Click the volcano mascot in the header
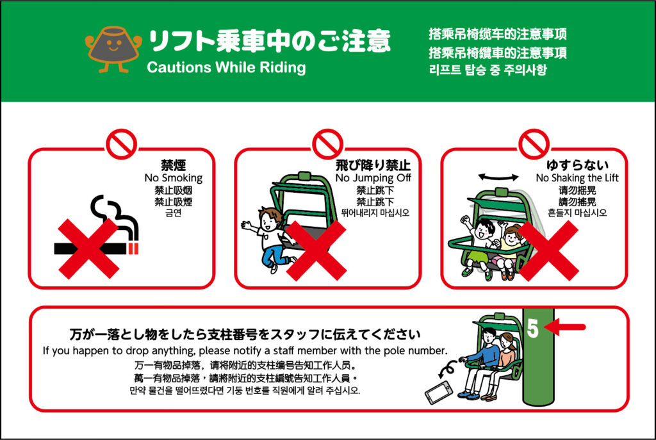pos(113,49)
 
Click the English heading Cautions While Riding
pos(226,68)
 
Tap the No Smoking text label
pos(173,178)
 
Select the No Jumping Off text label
pos(373,178)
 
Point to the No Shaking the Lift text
pos(577,178)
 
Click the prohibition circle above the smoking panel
pos(121,144)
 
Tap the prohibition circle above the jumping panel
pos(327,144)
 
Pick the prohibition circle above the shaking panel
pos(534,144)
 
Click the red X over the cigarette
pos(88,249)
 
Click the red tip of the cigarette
pos(133,249)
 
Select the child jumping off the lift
pos(268,238)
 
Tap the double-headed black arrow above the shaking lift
pos(498,177)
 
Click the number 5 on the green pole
pos(532,329)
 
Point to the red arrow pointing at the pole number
pos(565,327)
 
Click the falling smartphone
pos(438,393)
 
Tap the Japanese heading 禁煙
pos(173,165)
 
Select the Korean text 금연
pos(173,213)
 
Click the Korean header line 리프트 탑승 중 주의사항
pos(488,69)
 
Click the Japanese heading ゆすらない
pos(577,165)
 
